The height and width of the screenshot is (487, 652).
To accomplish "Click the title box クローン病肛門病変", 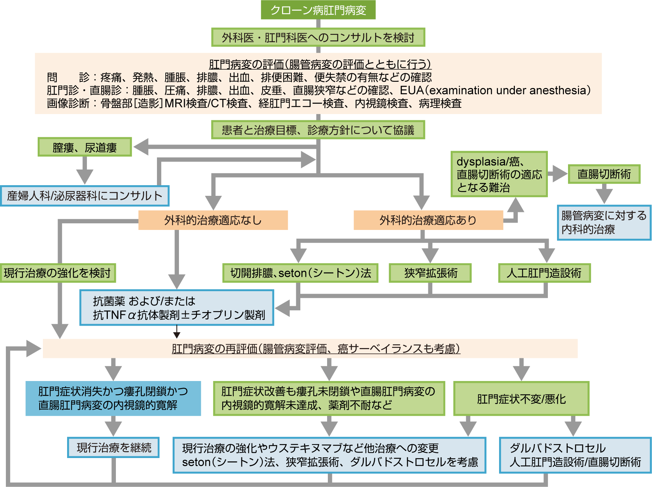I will [318, 10].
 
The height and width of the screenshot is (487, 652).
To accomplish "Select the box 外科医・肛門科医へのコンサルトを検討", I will [318, 37].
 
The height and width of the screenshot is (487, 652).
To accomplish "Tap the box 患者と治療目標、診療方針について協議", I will [318, 130].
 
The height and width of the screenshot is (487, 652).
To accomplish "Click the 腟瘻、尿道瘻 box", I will [85, 147].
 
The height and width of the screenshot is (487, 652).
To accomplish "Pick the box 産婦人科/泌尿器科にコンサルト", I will [85, 196].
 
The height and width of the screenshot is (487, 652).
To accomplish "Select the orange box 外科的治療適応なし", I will [213, 220].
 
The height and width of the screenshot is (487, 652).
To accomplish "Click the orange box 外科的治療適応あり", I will [428, 220].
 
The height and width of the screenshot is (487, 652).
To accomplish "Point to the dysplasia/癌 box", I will [499, 174].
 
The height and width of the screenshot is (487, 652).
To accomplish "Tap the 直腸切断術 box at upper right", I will [604, 174].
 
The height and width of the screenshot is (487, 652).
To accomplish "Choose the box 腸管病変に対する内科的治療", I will [604, 223].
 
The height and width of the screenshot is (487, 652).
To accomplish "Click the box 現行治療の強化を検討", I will [58, 273].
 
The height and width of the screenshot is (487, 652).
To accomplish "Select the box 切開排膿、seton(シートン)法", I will [300, 273].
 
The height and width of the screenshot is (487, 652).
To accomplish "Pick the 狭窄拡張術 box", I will [430, 273].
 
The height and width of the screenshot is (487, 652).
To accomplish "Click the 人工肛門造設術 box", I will [544, 273].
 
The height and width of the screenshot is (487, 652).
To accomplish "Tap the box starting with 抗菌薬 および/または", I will [177, 308].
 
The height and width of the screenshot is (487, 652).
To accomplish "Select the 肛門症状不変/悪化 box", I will [521, 399].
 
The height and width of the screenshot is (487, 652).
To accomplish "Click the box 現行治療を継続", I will [113, 447].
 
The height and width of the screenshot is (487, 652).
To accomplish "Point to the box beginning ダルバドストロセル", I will [575, 455].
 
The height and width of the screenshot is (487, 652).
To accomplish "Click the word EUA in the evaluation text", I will [411, 90].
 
